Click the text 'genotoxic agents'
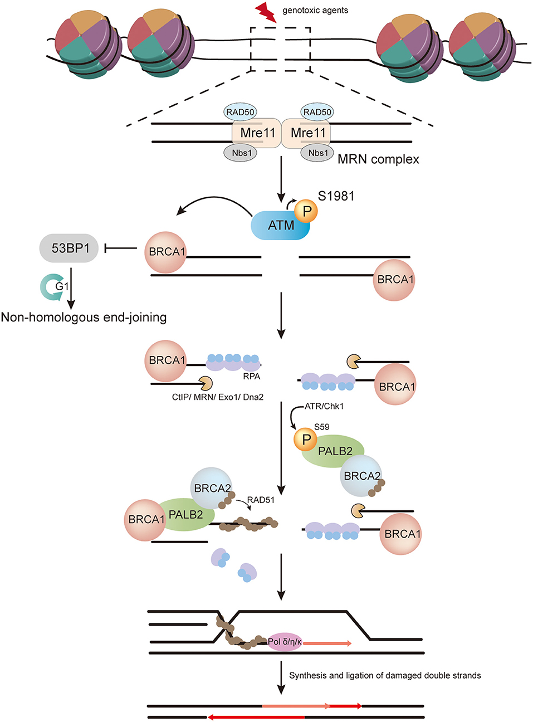[315, 10]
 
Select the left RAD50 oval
[240, 112]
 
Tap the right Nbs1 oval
[317, 153]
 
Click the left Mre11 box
[257, 133]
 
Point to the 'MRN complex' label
[378, 159]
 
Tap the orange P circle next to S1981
[306, 211]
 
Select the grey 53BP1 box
[70, 248]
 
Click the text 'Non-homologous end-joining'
[84, 318]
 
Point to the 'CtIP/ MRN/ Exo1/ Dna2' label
[217, 397]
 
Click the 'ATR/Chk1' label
[324, 406]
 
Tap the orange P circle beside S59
[306, 440]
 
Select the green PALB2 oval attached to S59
[334, 451]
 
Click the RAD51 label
[261, 500]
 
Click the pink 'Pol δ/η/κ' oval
[285, 642]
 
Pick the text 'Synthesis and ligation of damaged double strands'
[385, 675]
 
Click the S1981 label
[336, 196]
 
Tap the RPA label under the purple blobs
[251, 377]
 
